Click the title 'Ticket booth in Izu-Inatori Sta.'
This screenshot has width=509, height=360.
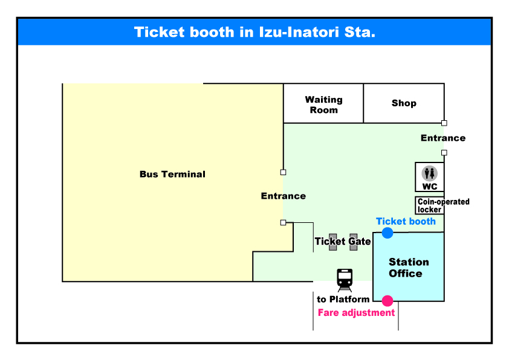[254, 32]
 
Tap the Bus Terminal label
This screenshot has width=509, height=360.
[172, 175]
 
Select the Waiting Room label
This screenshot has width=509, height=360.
[323, 104]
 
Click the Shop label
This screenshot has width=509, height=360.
[404, 103]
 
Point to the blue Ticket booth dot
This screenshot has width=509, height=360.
[387, 233]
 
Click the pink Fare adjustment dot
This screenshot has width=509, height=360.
[387, 301]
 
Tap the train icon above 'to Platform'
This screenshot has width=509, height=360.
[345, 280]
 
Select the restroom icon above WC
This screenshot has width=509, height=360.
[430, 173]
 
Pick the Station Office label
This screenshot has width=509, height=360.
[408, 268]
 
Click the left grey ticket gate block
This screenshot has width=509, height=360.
[332, 242]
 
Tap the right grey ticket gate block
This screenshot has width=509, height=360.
[354, 242]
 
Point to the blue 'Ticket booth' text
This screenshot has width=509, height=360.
[406, 222]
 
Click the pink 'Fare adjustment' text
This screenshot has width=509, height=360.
[356, 313]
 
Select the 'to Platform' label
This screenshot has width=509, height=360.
[343, 300]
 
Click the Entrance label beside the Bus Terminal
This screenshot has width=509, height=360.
[283, 196]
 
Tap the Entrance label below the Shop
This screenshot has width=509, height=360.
[443, 138]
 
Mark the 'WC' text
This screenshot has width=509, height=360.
[430, 187]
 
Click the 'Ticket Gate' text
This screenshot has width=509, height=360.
[343, 242]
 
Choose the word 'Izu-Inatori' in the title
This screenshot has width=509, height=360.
[299, 32]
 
